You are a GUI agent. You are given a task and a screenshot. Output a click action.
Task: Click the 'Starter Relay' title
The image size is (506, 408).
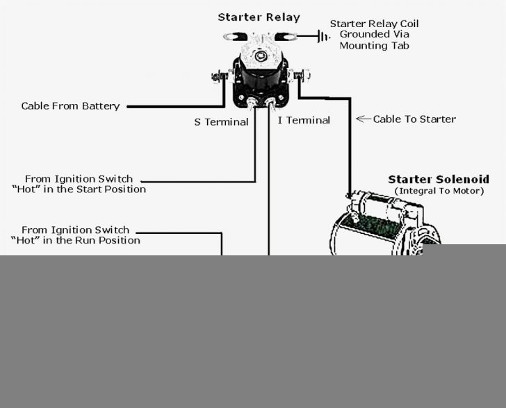(x=259, y=17)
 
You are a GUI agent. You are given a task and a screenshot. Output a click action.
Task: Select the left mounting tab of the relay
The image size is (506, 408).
(x=229, y=35)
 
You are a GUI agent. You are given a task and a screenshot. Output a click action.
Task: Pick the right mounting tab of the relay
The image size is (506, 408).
(x=286, y=35)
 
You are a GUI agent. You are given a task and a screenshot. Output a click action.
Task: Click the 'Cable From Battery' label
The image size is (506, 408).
(x=70, y=106)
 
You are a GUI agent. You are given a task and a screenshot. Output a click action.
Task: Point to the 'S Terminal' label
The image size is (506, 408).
(x=221, y=122)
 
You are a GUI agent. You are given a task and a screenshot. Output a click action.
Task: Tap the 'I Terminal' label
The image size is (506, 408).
(x=304, y=120)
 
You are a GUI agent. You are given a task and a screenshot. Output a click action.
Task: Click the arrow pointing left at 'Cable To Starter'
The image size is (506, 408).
(x=363, y=119)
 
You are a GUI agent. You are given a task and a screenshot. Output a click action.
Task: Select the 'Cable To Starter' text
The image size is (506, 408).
(x=414, y=119)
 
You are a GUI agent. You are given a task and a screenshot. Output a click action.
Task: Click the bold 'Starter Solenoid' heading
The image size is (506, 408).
(x=438, y=179)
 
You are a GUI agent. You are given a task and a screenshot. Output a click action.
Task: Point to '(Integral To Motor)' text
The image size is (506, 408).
(x=439, y=190)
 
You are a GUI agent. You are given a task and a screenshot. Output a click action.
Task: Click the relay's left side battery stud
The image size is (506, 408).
(x=219, y=74)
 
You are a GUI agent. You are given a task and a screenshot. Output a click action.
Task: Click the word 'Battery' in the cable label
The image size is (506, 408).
(x=101, y=106)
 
